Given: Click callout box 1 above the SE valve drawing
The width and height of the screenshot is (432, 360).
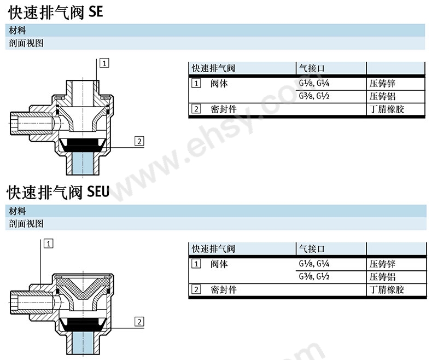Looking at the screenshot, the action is pos(104,63).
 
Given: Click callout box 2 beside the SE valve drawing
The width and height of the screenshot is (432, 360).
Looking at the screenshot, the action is pos(139,141).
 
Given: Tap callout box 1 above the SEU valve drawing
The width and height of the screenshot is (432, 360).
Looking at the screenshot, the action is pos(49,243).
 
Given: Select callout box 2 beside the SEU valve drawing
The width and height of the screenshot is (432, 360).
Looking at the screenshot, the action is pos(139,322).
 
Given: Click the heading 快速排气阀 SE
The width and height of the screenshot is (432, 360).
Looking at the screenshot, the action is pos(56,13).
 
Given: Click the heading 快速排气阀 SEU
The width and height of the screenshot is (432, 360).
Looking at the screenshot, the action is pos(58,192).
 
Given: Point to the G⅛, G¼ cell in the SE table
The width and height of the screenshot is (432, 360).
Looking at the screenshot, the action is pos(314,83).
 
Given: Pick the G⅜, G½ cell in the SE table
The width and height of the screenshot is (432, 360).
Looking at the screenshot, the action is pos(314,96).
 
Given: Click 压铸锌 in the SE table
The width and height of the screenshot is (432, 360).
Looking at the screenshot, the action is pos(382,83).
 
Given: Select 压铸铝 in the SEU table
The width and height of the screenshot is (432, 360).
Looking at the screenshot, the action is pos(382,277).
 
